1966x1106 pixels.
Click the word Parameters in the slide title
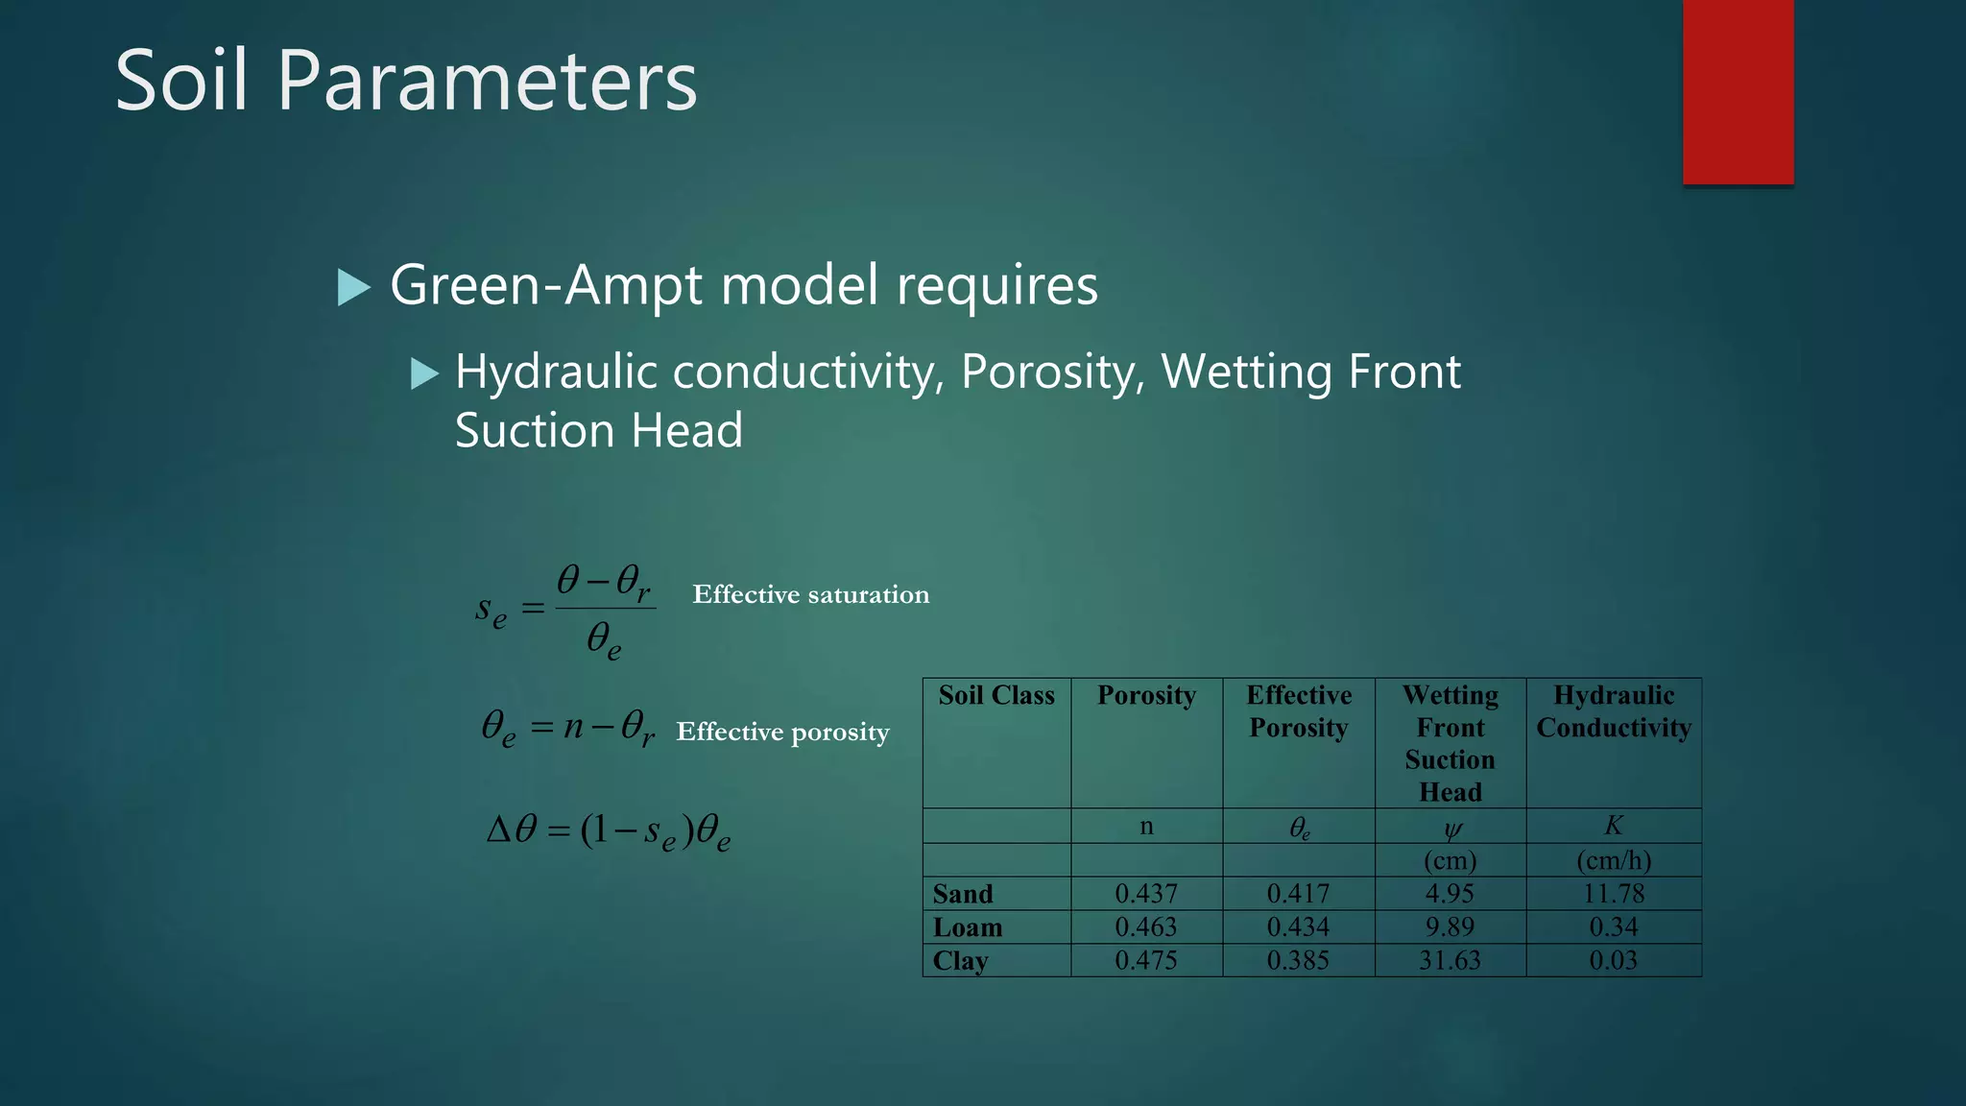click(487, 81)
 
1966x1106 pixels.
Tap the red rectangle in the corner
click(1738, 91)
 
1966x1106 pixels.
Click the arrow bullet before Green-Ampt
click(353, 287)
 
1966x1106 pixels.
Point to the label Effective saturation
click(810, 594)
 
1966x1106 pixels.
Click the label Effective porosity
click(782, 732)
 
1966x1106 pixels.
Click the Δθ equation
click(609, 830)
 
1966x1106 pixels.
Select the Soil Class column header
click(996, 695)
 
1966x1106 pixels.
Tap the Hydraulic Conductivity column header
click(1613, 711)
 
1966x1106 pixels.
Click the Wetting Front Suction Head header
click(1450, 743)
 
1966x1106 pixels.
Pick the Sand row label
click(963, 894)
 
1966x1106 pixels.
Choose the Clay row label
click(960, 960)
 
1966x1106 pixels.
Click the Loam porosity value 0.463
click(1145, 926)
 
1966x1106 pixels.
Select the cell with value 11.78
click(1613, 894)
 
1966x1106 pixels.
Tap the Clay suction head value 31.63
click(1450, 960)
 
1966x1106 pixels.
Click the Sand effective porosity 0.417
click(1298, 894)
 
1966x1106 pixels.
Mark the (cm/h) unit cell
click(1613, 860)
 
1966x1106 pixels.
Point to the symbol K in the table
click(1613, 826)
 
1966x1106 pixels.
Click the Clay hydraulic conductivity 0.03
click(1613, 960)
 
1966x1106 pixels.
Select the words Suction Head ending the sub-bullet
click(599, 431)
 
